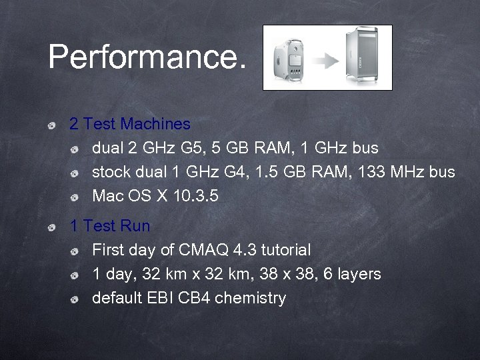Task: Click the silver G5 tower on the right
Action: pos(363,58)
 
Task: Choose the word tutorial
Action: pos(285,251)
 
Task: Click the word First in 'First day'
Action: pos(107,251)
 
